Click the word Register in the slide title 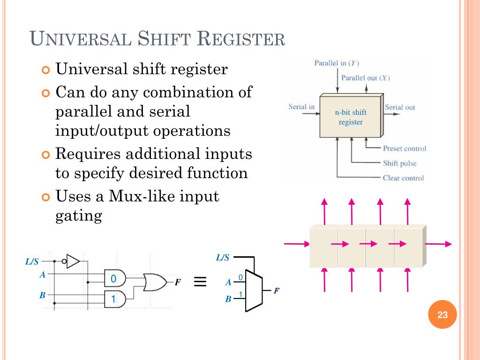[241, 38]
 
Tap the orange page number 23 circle [442, 315]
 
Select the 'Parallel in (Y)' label [337, 63]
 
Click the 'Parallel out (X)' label [365, 78]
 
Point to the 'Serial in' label [301, 107]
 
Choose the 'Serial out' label [400, 107]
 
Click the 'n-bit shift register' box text [351, 117]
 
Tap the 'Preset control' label [404, 149]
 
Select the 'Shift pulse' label [399, 164]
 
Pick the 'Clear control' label [403, 178]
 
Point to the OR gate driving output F [155, 282]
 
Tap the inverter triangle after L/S [72, 261]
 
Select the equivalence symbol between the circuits [200, 282]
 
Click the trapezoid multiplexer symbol [254, 291]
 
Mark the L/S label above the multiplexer [222, 257]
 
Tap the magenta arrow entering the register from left [297, 244]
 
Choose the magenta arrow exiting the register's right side [438, 244]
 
